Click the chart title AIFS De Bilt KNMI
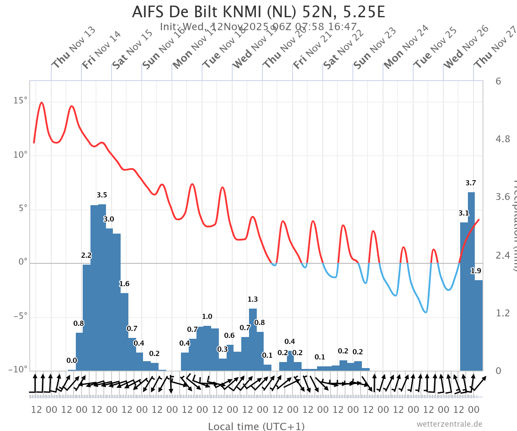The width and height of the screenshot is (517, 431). coord(258,12)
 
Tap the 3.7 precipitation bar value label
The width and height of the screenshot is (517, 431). coord(471,183)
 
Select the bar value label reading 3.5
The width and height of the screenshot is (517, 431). coord(102,195)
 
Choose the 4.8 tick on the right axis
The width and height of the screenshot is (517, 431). coord(503,139)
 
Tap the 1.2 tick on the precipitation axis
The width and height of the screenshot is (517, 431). coord(503,313)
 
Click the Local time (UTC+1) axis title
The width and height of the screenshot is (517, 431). coord(256,426)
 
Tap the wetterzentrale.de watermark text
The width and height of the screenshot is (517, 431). coord(449,424)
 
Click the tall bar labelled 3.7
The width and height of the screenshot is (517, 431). coord(471,280)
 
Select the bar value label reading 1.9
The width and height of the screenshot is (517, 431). coord(476,271)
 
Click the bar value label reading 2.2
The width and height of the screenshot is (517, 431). coord(86,256)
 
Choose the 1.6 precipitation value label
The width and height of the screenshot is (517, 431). coord(124,284)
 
